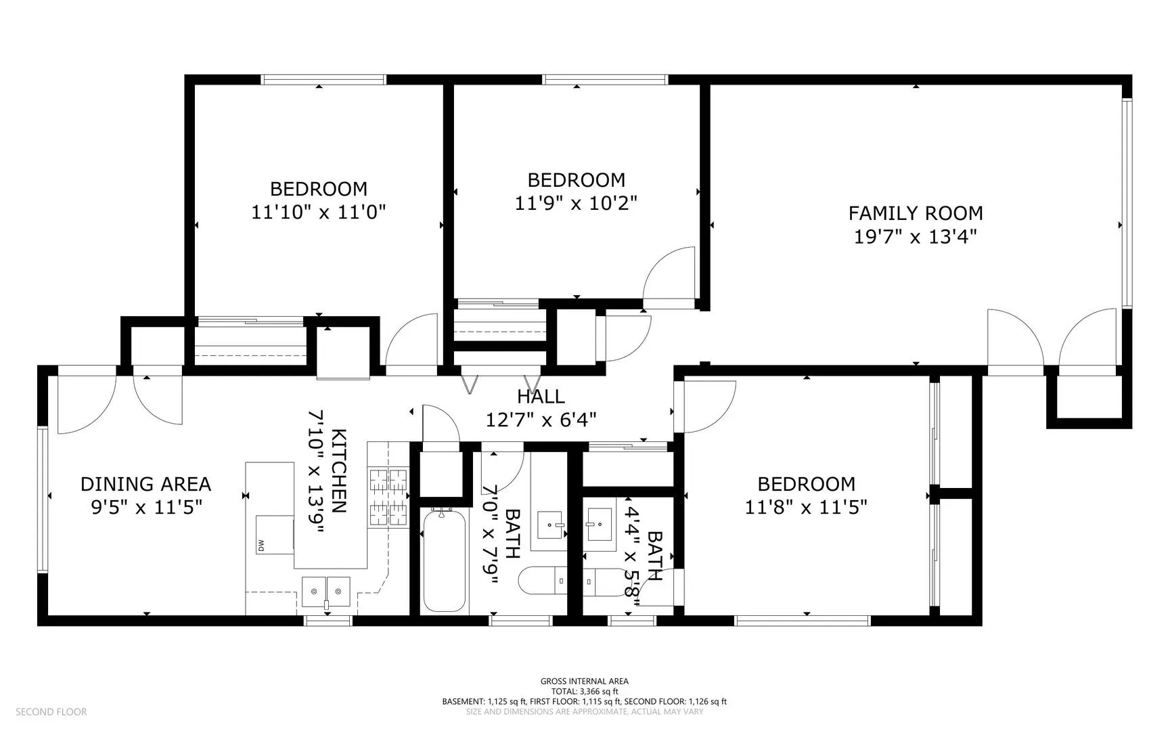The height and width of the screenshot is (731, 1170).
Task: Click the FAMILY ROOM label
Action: (x=916, y=213)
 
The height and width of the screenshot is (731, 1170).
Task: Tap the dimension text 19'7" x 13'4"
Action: (x=916, y=237)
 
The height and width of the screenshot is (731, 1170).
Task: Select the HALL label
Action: (x=541, y=396)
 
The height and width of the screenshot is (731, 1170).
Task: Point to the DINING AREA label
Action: (x=146, y=484)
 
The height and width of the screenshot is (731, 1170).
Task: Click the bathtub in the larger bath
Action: (x=443, y=560)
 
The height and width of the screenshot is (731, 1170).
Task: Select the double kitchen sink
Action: (x=326, y=592)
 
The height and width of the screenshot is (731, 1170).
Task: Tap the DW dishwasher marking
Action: (x=260, y=546)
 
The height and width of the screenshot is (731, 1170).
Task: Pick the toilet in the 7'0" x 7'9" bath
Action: (x=543, y=580)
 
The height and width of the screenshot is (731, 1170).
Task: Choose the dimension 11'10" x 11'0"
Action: (x=319, y=213)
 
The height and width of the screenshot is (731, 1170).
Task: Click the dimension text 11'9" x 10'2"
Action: (x=577, y=203)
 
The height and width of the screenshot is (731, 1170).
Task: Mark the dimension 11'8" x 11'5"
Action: (x=807, y=507)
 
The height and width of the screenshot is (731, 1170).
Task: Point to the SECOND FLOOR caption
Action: (x=51, y=712)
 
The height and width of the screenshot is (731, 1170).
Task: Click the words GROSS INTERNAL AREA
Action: (x=585, y=682)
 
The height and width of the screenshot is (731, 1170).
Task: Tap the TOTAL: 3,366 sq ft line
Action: (x=585, y=692)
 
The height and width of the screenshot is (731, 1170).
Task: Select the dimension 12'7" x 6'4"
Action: (x=541, y=420)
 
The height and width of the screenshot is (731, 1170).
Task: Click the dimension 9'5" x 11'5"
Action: (x=146, y=507)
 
